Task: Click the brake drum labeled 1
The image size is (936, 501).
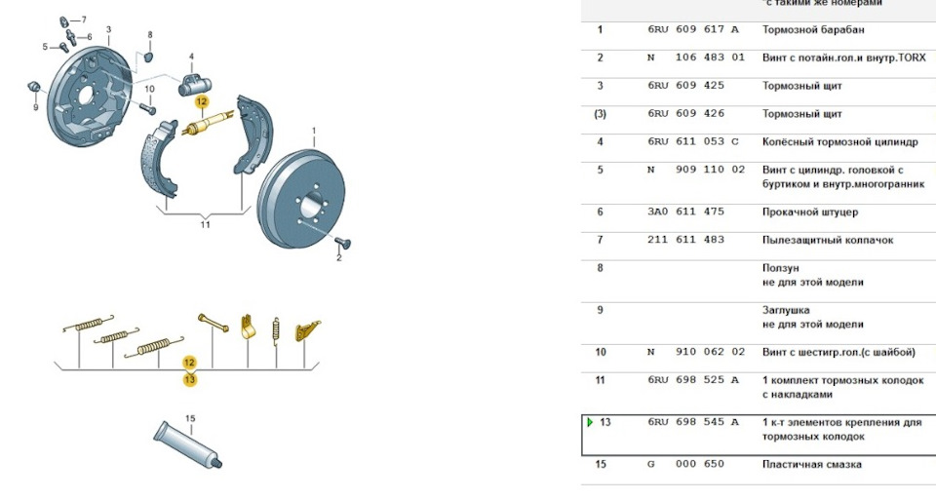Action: [301, 199]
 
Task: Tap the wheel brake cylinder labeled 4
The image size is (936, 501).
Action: [195, 86]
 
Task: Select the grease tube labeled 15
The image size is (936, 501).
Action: [188, 444]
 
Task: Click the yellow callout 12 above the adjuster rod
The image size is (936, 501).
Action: [202, 102]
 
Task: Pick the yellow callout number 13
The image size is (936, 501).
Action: [190, 379]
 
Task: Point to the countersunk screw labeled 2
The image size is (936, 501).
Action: [342, 242]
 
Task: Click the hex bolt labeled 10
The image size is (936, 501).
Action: [148, 108]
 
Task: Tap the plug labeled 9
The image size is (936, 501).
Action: [34, 87]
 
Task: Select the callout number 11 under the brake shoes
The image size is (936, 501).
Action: [206, 225]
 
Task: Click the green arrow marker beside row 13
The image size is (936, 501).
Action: [590, 422]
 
